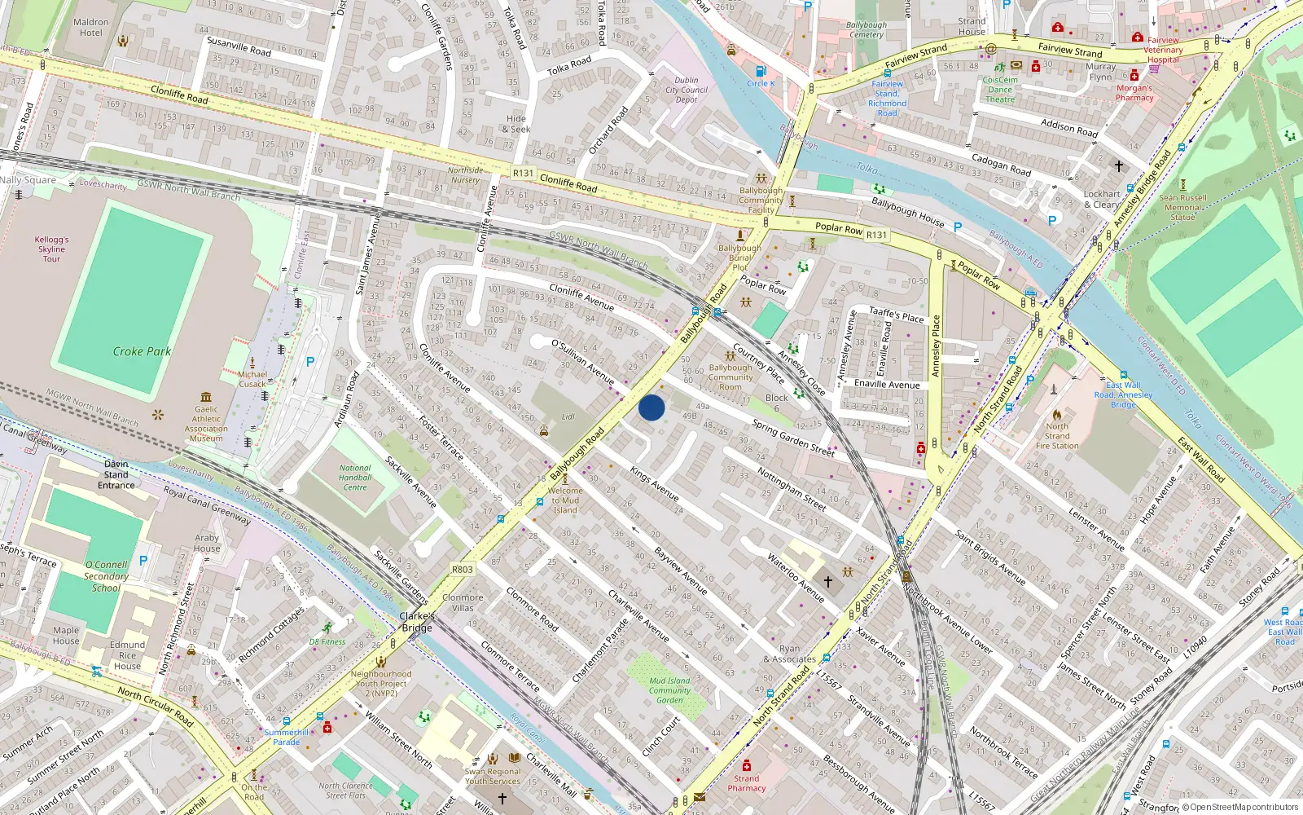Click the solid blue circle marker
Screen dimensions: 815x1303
651,407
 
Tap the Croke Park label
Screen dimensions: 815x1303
142,351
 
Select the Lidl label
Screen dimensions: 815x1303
568,416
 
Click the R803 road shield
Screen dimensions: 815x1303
462,570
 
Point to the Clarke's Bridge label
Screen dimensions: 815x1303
416,622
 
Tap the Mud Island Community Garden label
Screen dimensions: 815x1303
669,690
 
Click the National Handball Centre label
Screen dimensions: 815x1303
354,478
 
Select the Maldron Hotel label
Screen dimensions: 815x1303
90,28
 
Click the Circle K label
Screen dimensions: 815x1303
761,83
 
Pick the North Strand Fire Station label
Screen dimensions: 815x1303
1057,436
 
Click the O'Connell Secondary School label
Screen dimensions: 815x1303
106,575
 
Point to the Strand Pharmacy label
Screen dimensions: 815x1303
747,783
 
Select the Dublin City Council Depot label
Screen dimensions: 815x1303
687,90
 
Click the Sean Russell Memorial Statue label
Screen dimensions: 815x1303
1182,207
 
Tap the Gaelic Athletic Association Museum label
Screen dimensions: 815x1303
206,424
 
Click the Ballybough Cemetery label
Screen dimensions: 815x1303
866,29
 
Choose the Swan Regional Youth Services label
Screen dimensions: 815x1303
493,776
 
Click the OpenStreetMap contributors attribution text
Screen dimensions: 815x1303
1244,807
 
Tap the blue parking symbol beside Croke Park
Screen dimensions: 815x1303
310,362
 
